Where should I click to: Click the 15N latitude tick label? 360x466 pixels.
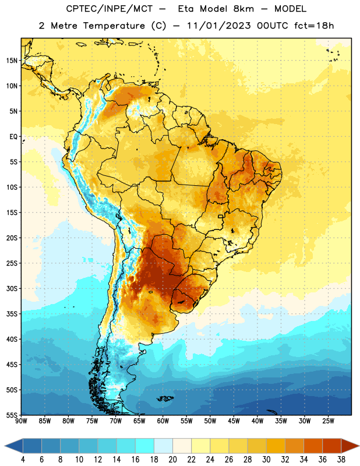point(12,61)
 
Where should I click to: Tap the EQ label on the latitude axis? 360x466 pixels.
point(13,137)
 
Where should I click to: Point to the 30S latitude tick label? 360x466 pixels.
point(12,288)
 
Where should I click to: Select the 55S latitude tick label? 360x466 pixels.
point(12,415)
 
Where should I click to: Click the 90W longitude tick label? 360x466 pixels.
point(21,421)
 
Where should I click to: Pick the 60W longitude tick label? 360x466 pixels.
point(163,421)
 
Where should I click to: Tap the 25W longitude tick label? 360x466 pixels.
point(328,421)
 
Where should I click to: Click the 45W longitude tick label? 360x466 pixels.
point(234,421)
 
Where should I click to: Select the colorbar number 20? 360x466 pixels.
point(172,460)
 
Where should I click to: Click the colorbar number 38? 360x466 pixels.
point(341,460)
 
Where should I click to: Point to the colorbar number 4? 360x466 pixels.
point(23,460)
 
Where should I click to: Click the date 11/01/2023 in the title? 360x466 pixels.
point(219,26)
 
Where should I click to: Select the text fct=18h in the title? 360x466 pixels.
point(314,26)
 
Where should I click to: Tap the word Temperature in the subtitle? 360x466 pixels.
point(114,26)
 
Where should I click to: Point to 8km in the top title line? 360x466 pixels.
point(243,9)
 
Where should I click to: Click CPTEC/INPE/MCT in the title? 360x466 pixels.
point(110,9)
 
